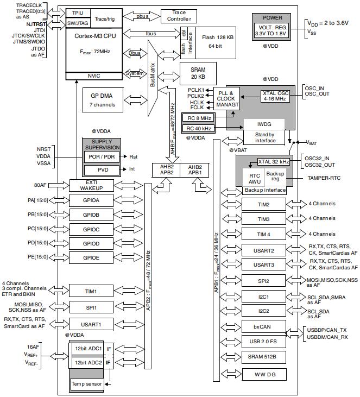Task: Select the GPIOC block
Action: (x=91, y=229)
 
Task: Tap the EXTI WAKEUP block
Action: (x=91, y=185)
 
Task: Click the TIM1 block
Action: (x=91, y=291)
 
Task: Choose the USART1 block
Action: (x=91, y=324)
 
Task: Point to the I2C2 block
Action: (x=263, y=311)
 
